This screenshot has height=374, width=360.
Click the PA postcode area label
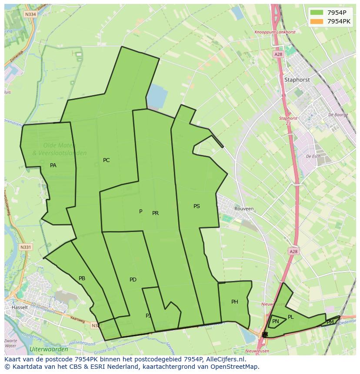[x=53, y=165]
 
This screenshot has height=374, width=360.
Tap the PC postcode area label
[x=106, y=160]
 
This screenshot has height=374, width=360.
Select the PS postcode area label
[x=197, y=206]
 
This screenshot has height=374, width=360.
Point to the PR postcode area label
[x=155, y=213]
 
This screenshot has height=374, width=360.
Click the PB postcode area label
[x=82, y=278]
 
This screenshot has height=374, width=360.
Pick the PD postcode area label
[x=133, y=280]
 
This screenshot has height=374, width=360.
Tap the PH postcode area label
[x=235, y=302]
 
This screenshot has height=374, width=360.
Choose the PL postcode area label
[x=291, y=317]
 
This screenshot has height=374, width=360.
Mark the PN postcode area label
[x=276, y=321]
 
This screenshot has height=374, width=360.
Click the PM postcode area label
[x=330, y=322]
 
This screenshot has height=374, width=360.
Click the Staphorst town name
[x=297, y=80]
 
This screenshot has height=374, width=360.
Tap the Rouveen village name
[x=243, y=209]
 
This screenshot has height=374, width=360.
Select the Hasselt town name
[x=20, y=307]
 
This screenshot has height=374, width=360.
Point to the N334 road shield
[x=30, y=14]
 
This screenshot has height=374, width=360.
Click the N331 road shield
[x=26, y=247]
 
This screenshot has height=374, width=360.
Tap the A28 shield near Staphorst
[x=278, y=54]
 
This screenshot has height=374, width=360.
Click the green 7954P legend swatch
[x=317, y=12]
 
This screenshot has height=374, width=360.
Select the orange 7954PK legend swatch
[x=317, y=21]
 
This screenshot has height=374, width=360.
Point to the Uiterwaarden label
[x=49, y=349]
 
